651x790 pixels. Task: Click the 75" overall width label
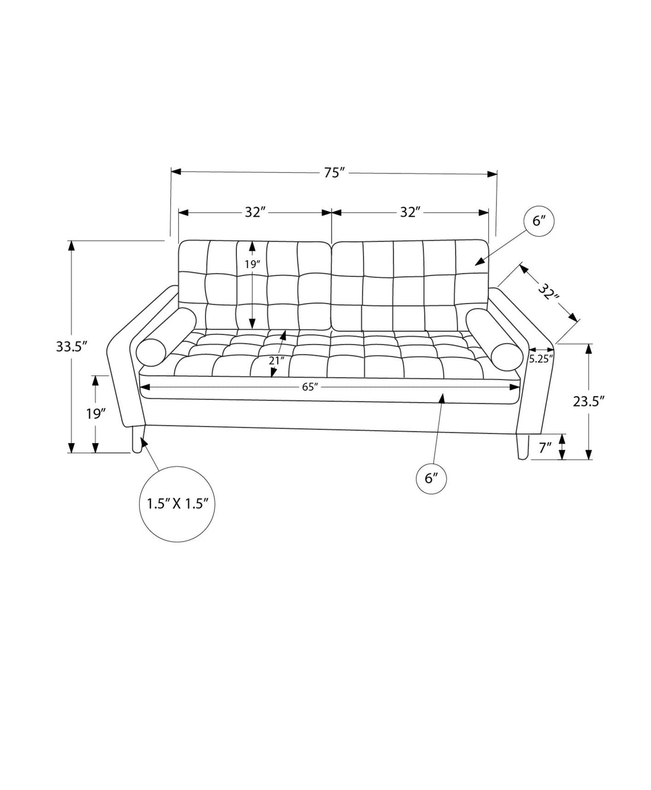[x=334, y=172]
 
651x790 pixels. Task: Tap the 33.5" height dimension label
[x=72, y=346]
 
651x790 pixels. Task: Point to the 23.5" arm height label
[x=588, y=402]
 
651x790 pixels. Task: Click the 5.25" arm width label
[x=541, y=359]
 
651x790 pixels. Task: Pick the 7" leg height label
[x=545, y=448]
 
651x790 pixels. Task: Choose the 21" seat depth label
[x=277, y=361]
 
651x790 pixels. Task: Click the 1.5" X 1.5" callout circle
[x=178, y=504]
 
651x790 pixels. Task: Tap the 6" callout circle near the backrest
[x=539, y=222]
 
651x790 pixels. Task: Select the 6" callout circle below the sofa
[x=431, y=479]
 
